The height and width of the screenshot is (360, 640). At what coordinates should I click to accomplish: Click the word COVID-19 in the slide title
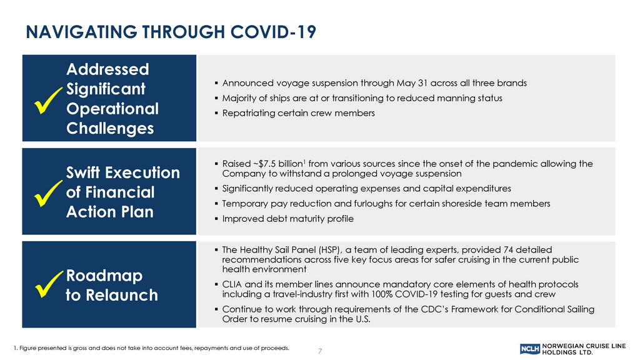click(x=273, y=32)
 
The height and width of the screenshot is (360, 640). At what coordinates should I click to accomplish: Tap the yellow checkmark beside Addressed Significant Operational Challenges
click(x=48, y=100)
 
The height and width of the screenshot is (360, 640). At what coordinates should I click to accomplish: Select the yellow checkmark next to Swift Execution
click(x=48, y=193)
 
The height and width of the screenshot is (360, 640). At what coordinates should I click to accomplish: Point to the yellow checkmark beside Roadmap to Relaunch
click(x=49, y=284)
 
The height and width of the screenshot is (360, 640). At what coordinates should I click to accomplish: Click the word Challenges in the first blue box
click(x=110, y=129)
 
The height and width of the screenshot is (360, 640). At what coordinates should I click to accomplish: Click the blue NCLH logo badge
click(x=530, y=349)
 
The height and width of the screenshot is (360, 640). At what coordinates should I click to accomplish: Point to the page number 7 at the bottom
click(x=320, y=351)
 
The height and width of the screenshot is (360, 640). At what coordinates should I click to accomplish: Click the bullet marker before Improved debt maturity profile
click(x=216, y=219)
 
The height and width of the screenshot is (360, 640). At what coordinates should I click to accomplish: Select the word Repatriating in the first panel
click(x=249, y=114)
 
